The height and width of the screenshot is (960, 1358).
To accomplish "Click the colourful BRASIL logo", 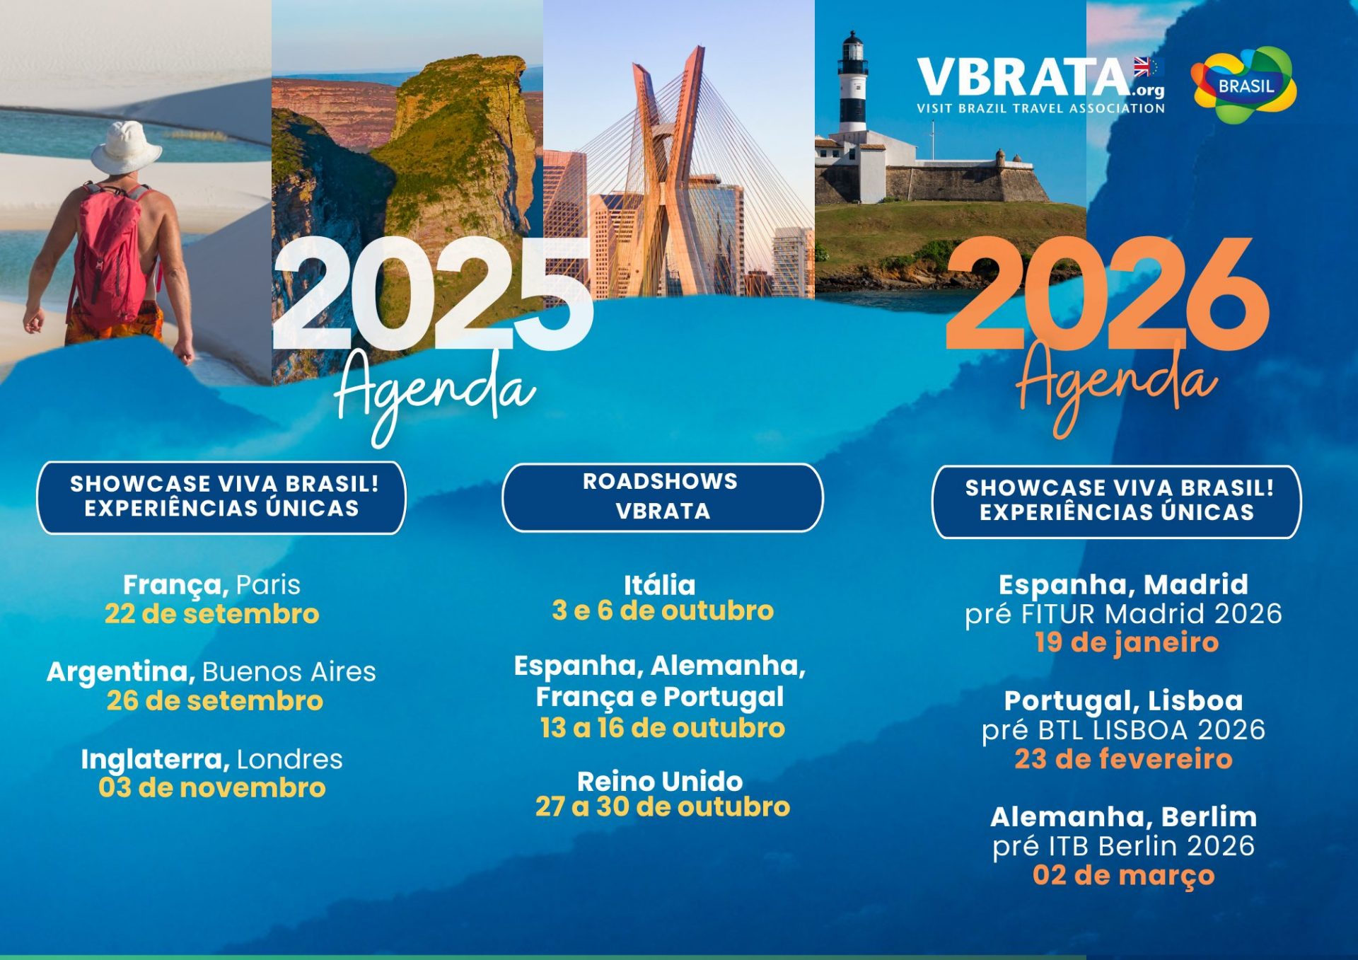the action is [1243, 85].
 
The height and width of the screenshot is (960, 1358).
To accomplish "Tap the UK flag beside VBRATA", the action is [1142, 67].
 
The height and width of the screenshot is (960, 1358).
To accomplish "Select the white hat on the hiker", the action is [126, 147].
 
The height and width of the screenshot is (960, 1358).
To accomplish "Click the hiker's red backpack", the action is [110, 251].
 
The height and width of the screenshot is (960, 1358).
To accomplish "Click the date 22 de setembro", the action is [212, 613].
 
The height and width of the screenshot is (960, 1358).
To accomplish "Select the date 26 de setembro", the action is [215, 700].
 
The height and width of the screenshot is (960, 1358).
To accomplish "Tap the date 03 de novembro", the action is [212, 787].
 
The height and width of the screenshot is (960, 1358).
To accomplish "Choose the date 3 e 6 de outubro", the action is [663, 611].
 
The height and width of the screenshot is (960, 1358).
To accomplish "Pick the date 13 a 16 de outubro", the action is [663, 727].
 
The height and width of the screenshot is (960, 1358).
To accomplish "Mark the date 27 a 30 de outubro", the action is [663, 806].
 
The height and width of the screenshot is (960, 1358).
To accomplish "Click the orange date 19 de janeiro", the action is [1127, 642].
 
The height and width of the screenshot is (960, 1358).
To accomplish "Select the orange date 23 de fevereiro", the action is [1123, 759].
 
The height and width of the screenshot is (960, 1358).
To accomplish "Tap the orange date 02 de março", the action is [1123, 876].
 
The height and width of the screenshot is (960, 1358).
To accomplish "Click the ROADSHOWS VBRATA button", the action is [663, 497].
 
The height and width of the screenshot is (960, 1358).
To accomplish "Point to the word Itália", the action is [660, 584].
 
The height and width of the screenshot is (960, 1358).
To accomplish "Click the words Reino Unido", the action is [660, 781].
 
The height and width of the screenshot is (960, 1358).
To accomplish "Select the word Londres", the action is [289, 759].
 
